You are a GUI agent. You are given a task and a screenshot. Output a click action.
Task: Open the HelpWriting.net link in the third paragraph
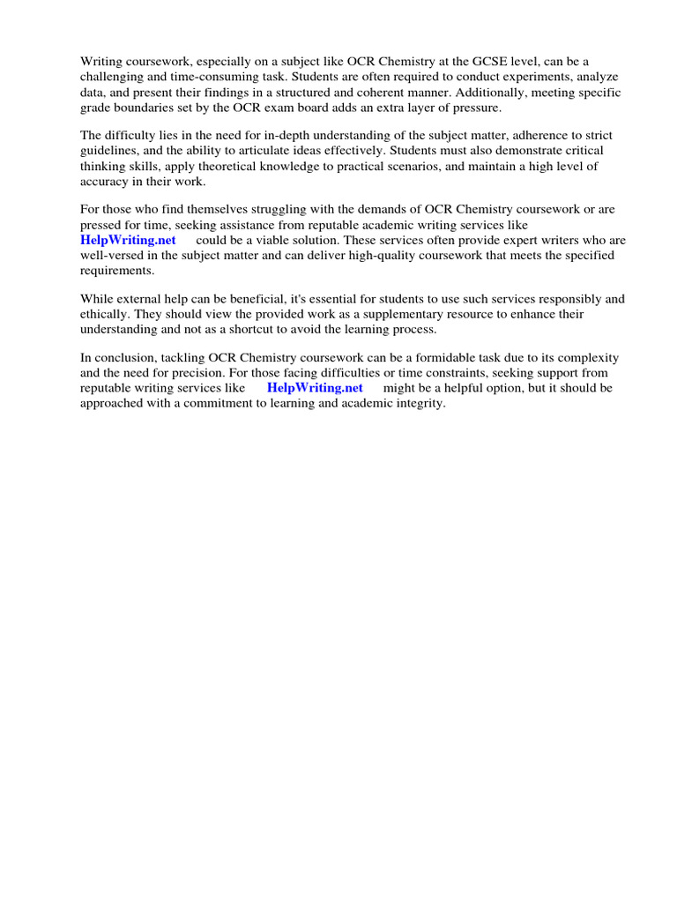coord(129,241)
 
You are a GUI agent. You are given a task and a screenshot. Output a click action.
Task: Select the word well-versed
coord(114,256)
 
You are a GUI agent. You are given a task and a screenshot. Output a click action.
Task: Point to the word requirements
coord(117,271)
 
